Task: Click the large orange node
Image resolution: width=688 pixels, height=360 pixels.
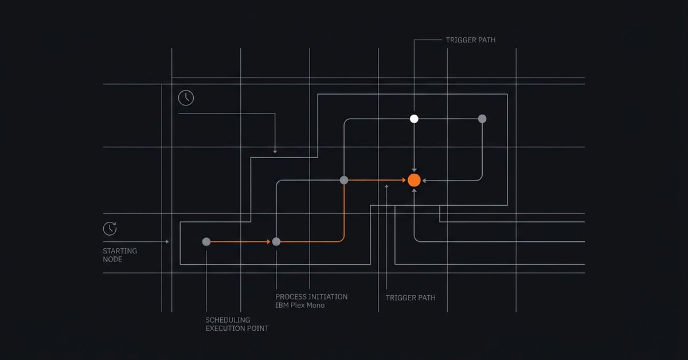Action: [x=414, y=181]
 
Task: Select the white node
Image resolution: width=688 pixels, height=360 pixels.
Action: [x=414, y=119]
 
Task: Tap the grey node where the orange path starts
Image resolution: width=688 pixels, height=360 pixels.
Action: [x=206, y=242]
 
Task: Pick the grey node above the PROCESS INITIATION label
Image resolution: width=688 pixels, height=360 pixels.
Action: [x=276, y=242]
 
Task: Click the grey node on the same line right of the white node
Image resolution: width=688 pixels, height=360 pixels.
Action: [x=482, y=119]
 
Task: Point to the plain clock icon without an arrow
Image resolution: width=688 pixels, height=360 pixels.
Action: [x=186, y=98]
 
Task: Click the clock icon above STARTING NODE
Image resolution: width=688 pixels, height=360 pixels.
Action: [x=110, y=229]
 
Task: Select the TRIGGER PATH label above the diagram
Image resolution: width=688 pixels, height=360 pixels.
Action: [x=471, y=40]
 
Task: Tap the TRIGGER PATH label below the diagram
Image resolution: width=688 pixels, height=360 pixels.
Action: [x=411, y=298]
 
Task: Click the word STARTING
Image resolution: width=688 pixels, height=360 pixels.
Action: [x=120, y=251]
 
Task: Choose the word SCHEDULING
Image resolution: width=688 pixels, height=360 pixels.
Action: [x=228, y=320]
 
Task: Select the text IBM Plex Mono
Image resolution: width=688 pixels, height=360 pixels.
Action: [x=300, y=306]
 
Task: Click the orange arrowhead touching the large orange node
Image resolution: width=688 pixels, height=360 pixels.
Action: [x=404, y=181]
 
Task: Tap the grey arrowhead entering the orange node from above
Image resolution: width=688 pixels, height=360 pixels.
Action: [x=414, y=170]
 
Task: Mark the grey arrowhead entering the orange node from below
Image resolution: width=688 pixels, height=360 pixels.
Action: [x=414, y=191]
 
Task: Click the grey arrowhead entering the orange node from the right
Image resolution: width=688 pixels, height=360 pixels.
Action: [x=424, y=181]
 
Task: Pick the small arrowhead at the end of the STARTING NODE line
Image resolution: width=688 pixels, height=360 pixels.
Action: [x=167, y=242]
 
